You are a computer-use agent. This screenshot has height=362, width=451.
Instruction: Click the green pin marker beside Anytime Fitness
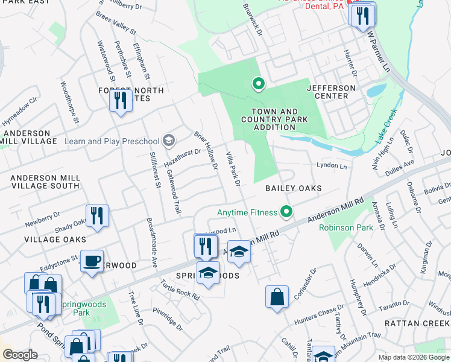click(x=287, y=212)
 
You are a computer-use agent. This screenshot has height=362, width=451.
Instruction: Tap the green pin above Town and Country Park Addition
click(x=259, y=84)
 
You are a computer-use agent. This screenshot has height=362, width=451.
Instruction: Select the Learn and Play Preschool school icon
click(x=169, y=141)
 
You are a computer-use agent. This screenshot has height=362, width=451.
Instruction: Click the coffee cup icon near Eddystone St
click(x=92, y=261)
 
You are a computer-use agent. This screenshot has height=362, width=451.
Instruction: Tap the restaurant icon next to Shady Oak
click(x=97, y=215)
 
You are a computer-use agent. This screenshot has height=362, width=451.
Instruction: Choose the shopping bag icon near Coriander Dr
click(x=277, y=296)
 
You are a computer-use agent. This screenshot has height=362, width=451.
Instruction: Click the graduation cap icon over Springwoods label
click(x=208, y=272)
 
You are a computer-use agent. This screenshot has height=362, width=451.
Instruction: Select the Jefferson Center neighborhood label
click(x=332, y=92)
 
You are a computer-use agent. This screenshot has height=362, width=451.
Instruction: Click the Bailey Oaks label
click(x=294, y=188)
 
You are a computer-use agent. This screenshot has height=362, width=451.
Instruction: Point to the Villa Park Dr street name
click(x=233, y=168)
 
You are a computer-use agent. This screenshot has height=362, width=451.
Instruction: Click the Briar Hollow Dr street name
click(x=206, y=150)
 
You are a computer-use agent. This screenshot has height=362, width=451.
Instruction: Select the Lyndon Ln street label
click(x=332, y=165)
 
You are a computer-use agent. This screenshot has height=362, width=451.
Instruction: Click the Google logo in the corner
click(x=20, y=355)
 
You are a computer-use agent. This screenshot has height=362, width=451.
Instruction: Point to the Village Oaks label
click(x=46, y=240)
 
